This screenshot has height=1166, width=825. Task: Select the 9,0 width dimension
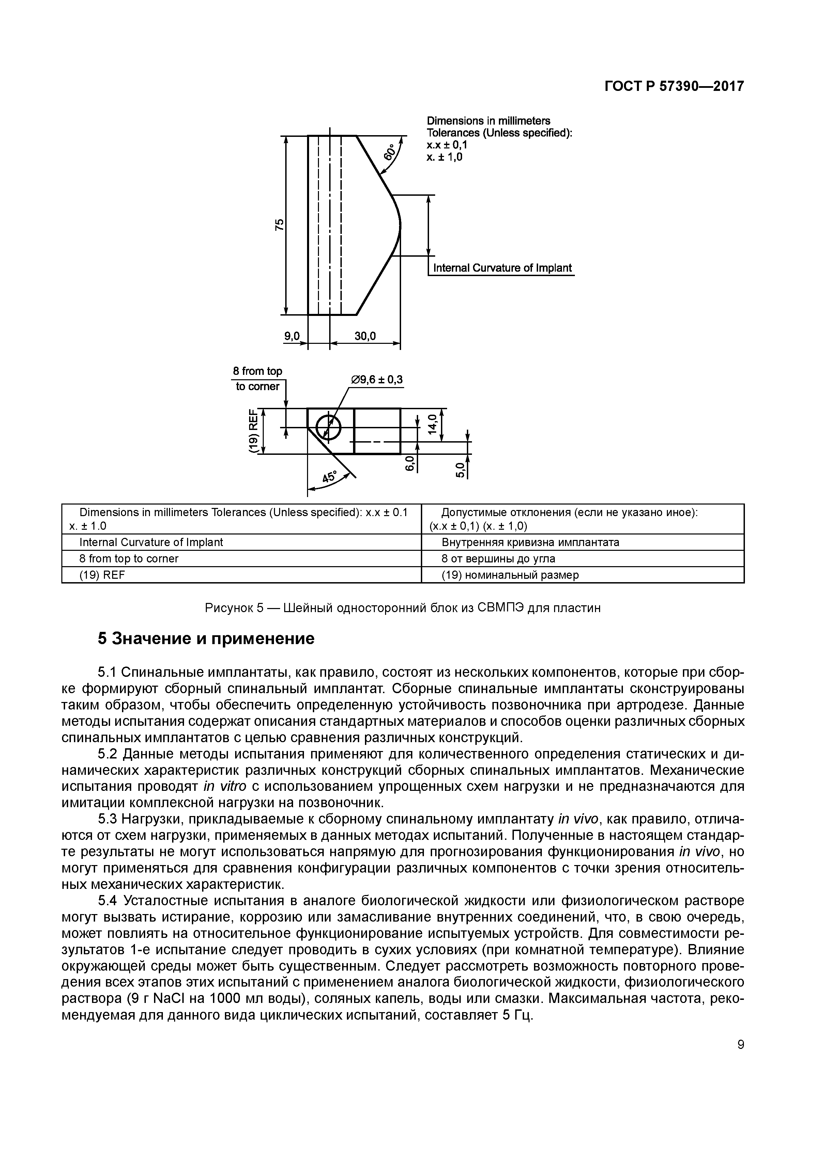[292, 336]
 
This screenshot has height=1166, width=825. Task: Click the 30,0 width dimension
[365, 336]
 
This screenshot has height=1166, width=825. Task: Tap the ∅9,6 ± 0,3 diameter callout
[377, 380]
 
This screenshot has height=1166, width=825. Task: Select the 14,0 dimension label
[432, 424]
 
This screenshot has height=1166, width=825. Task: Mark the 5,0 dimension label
[460, 470]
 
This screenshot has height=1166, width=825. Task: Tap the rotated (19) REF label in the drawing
[252, 430]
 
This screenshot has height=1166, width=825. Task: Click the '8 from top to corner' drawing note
[257, 379]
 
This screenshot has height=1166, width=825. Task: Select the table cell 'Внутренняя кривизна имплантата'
[530, 542]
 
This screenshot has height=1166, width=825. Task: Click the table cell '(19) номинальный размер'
[510, 575]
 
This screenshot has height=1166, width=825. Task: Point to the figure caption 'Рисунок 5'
[402, 608]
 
